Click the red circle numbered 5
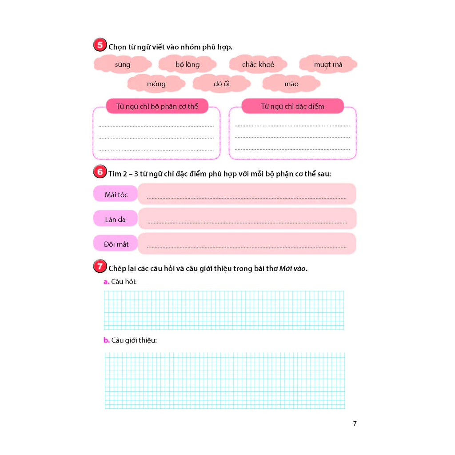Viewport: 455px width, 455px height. coord(100,46)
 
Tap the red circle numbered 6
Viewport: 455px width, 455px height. coord(100,172)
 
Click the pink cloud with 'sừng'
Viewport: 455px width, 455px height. coord(123,64)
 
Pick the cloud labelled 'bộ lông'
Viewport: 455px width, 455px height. coord(188,64)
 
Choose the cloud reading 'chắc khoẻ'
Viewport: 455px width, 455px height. coord(258,64)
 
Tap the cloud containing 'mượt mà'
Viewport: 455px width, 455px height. coord(328,64)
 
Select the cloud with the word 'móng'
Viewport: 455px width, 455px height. coord(156,84)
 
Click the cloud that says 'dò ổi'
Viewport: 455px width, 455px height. coord(221,84)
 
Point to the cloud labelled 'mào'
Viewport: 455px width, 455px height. coord(291,84)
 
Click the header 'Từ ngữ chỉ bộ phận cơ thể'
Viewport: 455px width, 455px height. coord(157,106)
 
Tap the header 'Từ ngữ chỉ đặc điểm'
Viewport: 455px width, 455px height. coord(292,106)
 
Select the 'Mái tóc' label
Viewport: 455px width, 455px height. coord(116,195)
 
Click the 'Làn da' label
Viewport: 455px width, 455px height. coord(115,219)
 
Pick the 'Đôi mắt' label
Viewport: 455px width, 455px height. coord(116,244)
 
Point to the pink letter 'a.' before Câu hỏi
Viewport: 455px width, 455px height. coord(106,282)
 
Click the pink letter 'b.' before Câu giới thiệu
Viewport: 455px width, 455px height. coord(106,340)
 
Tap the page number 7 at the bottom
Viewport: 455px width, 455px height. coord(355,423)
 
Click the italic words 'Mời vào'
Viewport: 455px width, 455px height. coord(293,268)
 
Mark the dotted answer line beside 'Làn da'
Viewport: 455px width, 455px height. coord(247,222)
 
